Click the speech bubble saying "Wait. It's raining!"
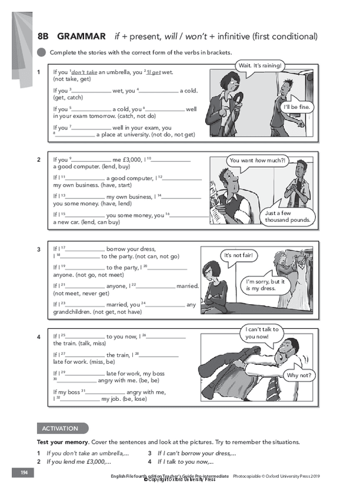coord(260,65)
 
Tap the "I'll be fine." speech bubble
coord(298,107)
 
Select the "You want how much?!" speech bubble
coord(256,160)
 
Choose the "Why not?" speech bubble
coord(299,375)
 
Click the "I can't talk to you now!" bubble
coord(262,333)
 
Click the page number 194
coord(24,473)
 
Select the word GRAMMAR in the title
coord(82,36)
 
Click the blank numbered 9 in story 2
coord(90,160)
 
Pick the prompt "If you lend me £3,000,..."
coord(79,461)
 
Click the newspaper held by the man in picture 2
coord(216,203)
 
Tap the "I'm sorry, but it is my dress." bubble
coord(265,285)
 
